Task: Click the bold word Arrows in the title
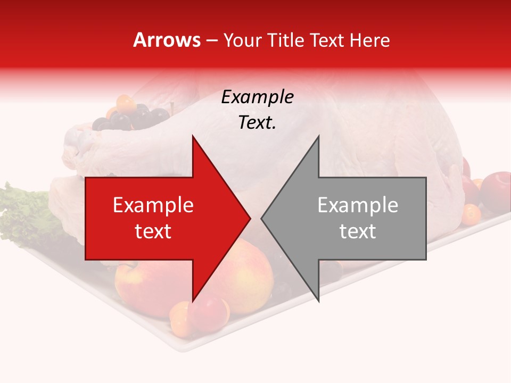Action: click(x=167, y=40)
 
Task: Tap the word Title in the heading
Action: click(x=287, y=40)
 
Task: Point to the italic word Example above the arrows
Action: click(x=257, y=97)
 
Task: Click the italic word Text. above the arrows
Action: click(x=257, y=123)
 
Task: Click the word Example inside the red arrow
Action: click(x=153, y=205)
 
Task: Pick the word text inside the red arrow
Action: click(x=153, y=231)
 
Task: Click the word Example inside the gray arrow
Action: click(x=358, y=205)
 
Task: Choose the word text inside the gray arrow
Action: click(x=358, y=231)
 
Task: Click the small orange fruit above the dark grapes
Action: click(x=126, y=102)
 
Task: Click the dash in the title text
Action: click(x=211, y=40)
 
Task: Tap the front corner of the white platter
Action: click(x=178, y=349)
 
